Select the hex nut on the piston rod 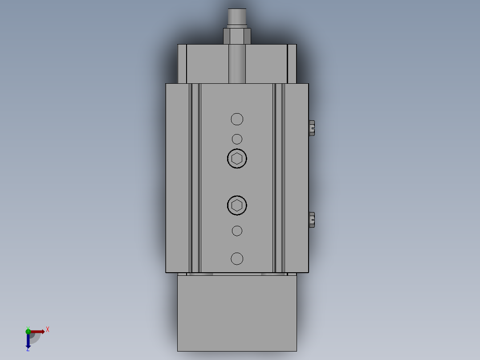click(237, 36)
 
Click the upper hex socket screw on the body click(237, 159)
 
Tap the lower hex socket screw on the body click(237, 205)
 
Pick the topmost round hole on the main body click(237, 119)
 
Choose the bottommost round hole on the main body click(237, 258)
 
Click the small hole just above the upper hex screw click(237, 139)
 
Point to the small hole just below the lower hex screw click(237, 231)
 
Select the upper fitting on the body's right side click(312, 128)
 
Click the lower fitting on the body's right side click(312, 220)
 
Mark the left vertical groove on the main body click(195, 178)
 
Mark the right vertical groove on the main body click(279, 178)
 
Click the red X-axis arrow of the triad click(38, 331)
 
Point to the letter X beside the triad click(48, 330)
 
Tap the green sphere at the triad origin click(28, 331)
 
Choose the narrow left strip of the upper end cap click(182, 64)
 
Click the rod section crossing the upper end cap click(237, 64)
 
